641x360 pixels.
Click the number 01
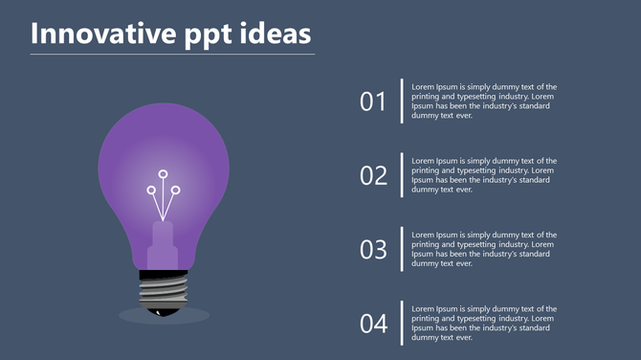(x=373, y=101)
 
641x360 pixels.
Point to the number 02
(x=373, y=175)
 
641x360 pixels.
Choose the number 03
(x=373, y=250)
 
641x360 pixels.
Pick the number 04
(x=373, y=324)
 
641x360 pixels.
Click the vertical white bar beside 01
(x=402, y=101)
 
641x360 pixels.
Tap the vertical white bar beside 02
(x=402, y=174)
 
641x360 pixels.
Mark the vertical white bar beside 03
(x=402, y=249)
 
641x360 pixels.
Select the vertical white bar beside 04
(x=402, y=323)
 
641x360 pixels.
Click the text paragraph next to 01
(x=484, y=101)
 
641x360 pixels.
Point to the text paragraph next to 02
(x=484, y=174)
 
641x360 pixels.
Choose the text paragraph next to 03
(x=484, y=249)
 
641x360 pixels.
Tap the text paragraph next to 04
(x=484, y=323)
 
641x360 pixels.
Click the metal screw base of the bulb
(x=164, y=287)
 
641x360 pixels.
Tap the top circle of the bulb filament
(x=164, y=174)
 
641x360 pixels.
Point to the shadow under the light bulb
(x=196, y=316)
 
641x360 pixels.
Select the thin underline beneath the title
(x=172, y=55)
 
